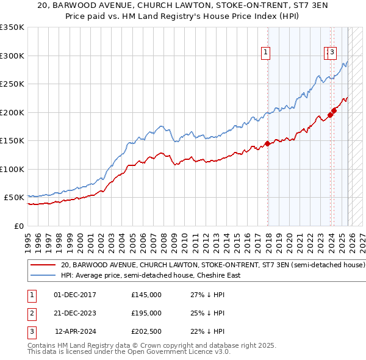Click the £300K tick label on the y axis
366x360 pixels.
[x=12, y=56]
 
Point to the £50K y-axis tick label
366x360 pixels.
[x=14, y=198]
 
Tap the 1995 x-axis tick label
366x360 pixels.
[x=28, y=237]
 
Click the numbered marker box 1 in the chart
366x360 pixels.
[x=267, y=53]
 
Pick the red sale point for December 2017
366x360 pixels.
[x=267, y=144]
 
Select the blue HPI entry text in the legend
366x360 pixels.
[x=151, y=275]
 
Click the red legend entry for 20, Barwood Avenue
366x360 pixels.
[x=213, y=265]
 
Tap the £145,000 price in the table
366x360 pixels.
[x=146, y=295]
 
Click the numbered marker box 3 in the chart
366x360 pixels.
[x=332, y=53]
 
